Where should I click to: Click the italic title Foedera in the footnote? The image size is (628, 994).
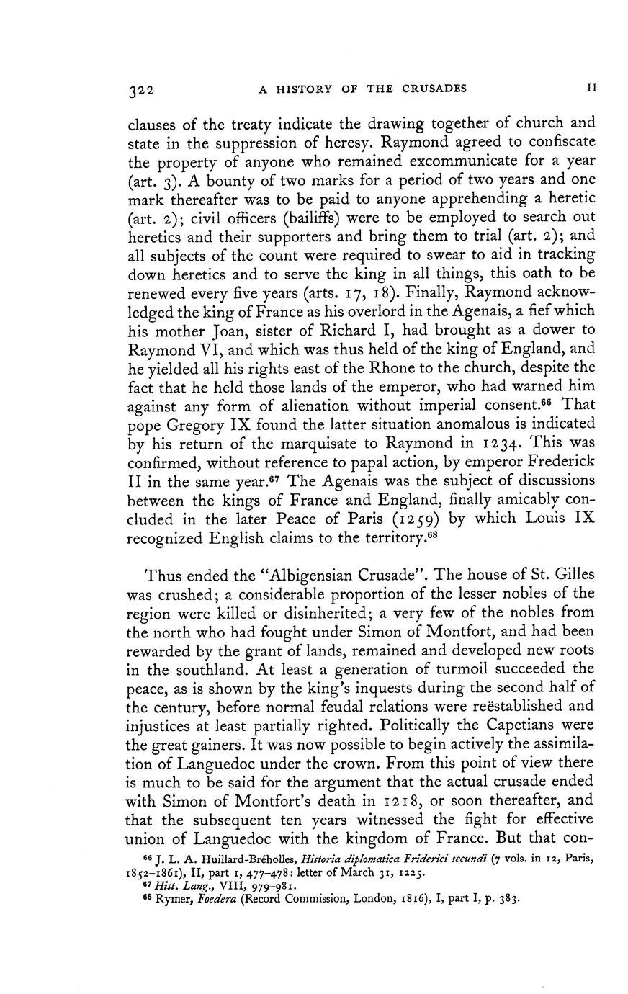[x=219, y=899]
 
